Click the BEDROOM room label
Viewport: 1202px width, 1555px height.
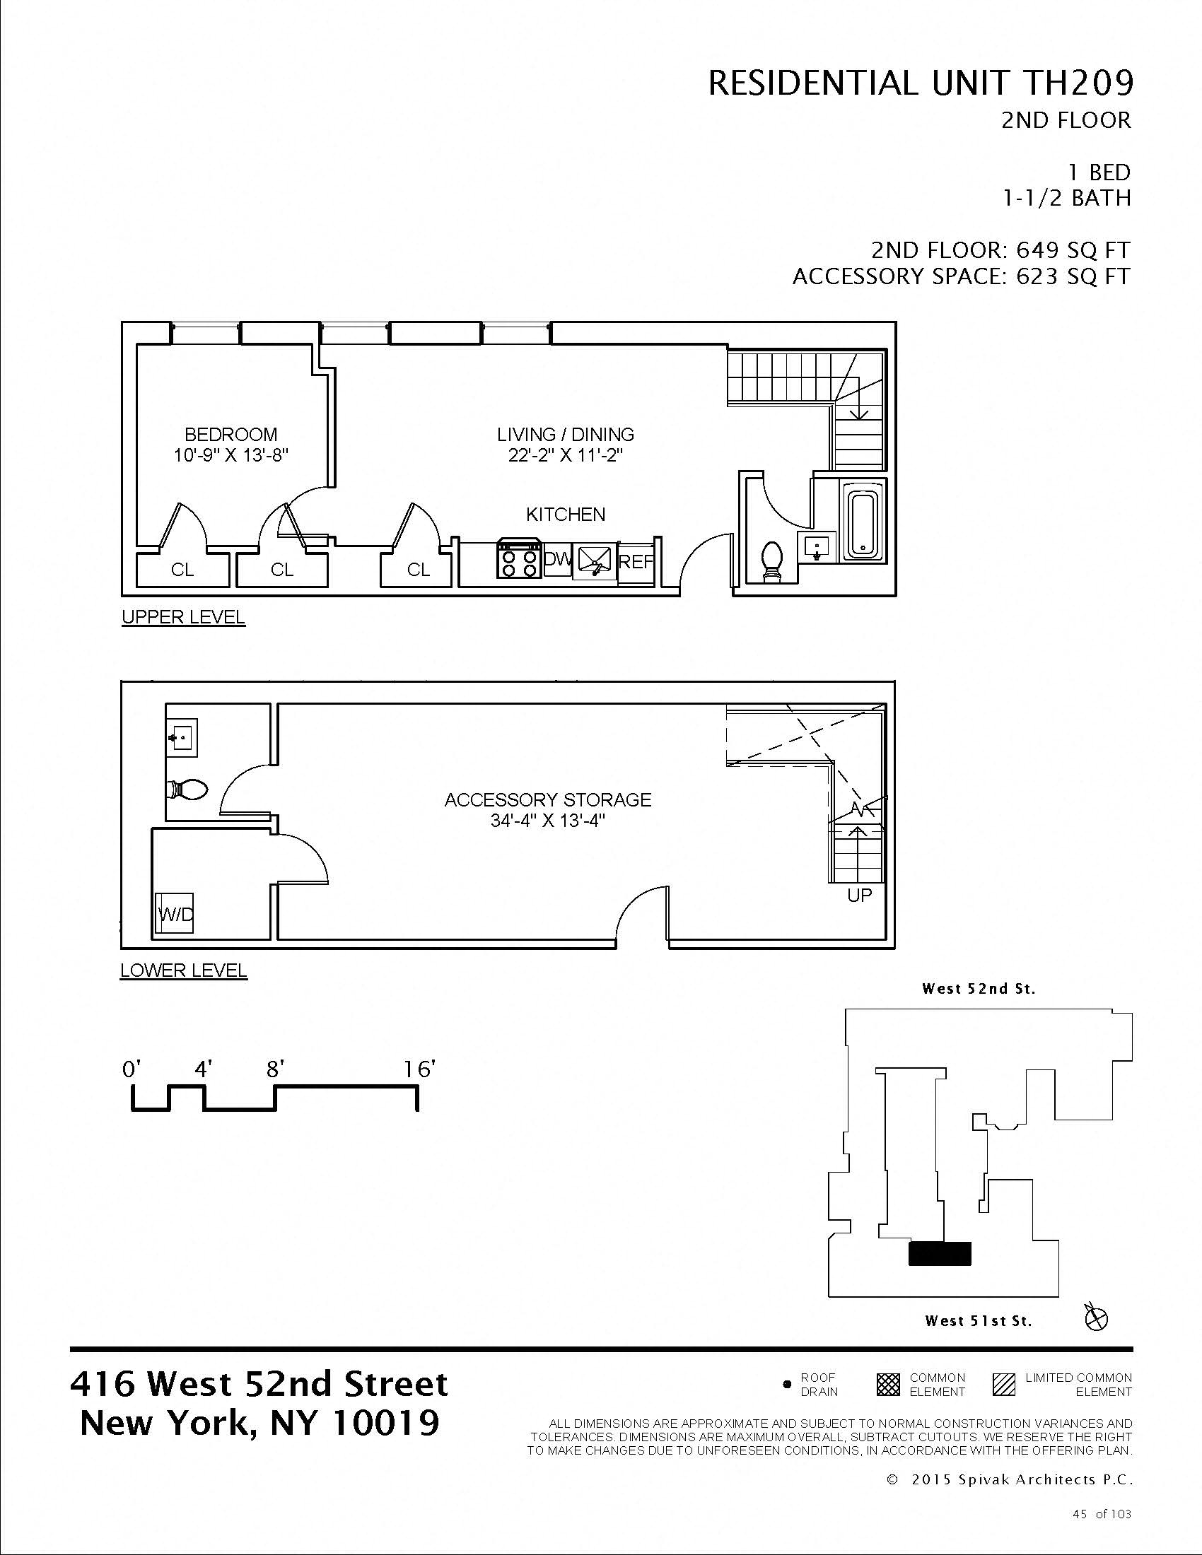[x=231, y=434]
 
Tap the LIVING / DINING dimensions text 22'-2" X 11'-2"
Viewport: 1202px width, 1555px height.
[x=566, y=456]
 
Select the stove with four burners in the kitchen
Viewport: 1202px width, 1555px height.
[x=518, y=559]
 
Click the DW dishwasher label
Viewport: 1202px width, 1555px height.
[x=558, y=561]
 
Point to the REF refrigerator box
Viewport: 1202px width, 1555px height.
[x=636, y=563]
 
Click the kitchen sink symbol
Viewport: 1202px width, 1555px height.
[x=595, y=561]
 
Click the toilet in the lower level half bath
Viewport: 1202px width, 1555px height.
[x=188, y=789]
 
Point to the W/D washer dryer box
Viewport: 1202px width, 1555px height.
[x=175, y=914]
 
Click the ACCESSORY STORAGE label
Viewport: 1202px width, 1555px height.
[x=547, y=799]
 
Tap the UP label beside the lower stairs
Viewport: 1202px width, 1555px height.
[x=860, y=895]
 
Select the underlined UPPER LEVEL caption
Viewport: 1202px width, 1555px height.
[x=183, y=617]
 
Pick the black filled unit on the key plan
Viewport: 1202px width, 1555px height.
[x=939, y=1253]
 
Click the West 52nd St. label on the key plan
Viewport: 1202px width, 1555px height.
[x=979, y=988]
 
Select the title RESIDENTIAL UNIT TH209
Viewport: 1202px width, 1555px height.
[x=919, y=84]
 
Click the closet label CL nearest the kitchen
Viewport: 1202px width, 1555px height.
[x=419, y=570]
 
